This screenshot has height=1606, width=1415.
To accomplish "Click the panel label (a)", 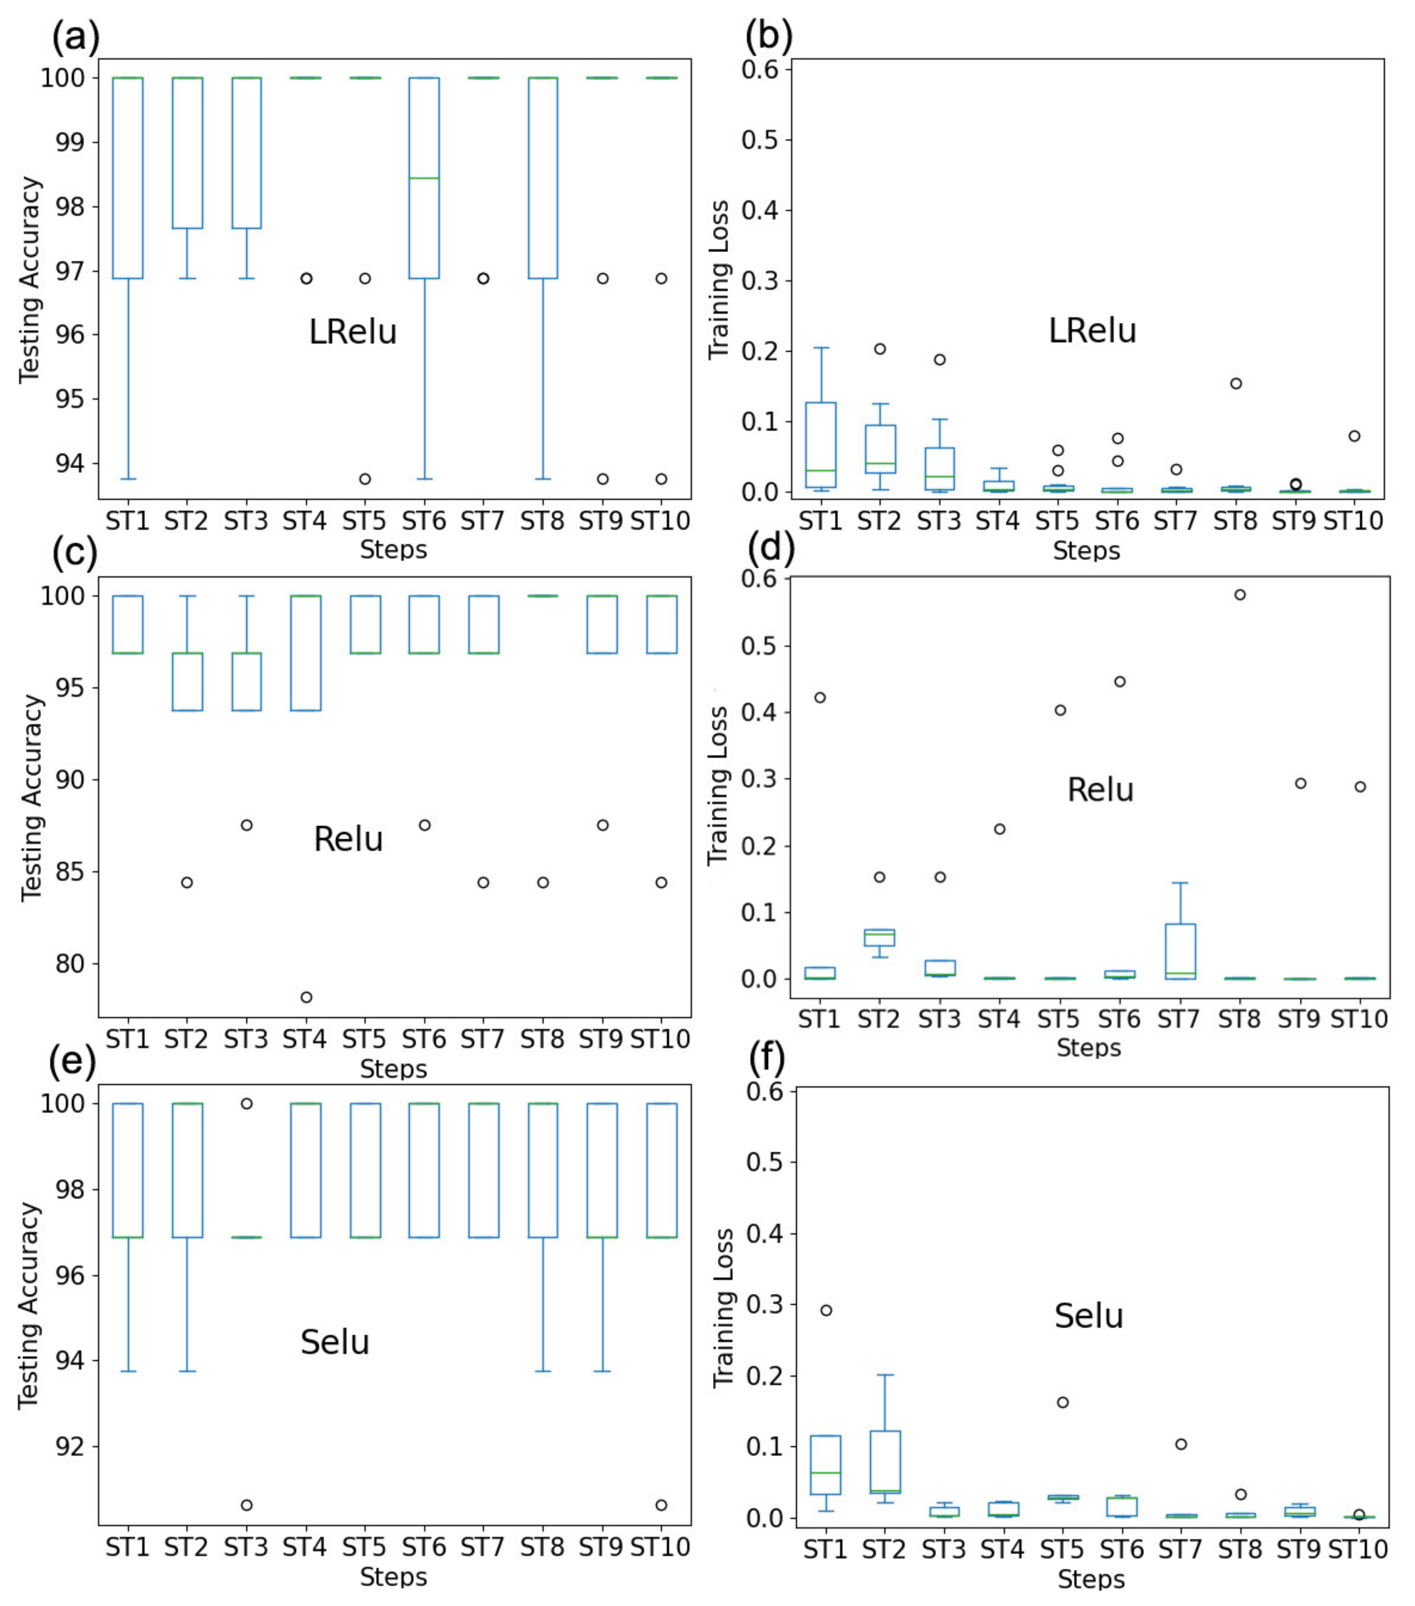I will [75, 37].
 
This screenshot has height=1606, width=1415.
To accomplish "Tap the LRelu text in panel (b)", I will [1092, 331].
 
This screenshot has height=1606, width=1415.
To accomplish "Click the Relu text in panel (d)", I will [1100, 790].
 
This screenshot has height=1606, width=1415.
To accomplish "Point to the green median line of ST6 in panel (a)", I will [424, 178].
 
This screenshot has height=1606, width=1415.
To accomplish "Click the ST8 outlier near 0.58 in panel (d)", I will [1240, 595].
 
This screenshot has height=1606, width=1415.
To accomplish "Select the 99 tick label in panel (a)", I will [64, 142].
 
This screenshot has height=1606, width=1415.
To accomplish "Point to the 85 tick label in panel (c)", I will [64, 872].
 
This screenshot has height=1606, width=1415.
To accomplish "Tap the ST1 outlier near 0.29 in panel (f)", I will [826, 1310].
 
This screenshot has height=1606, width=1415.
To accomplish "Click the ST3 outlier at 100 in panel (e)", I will [247, 1103].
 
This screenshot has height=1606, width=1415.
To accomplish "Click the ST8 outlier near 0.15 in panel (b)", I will [1236, 383].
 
